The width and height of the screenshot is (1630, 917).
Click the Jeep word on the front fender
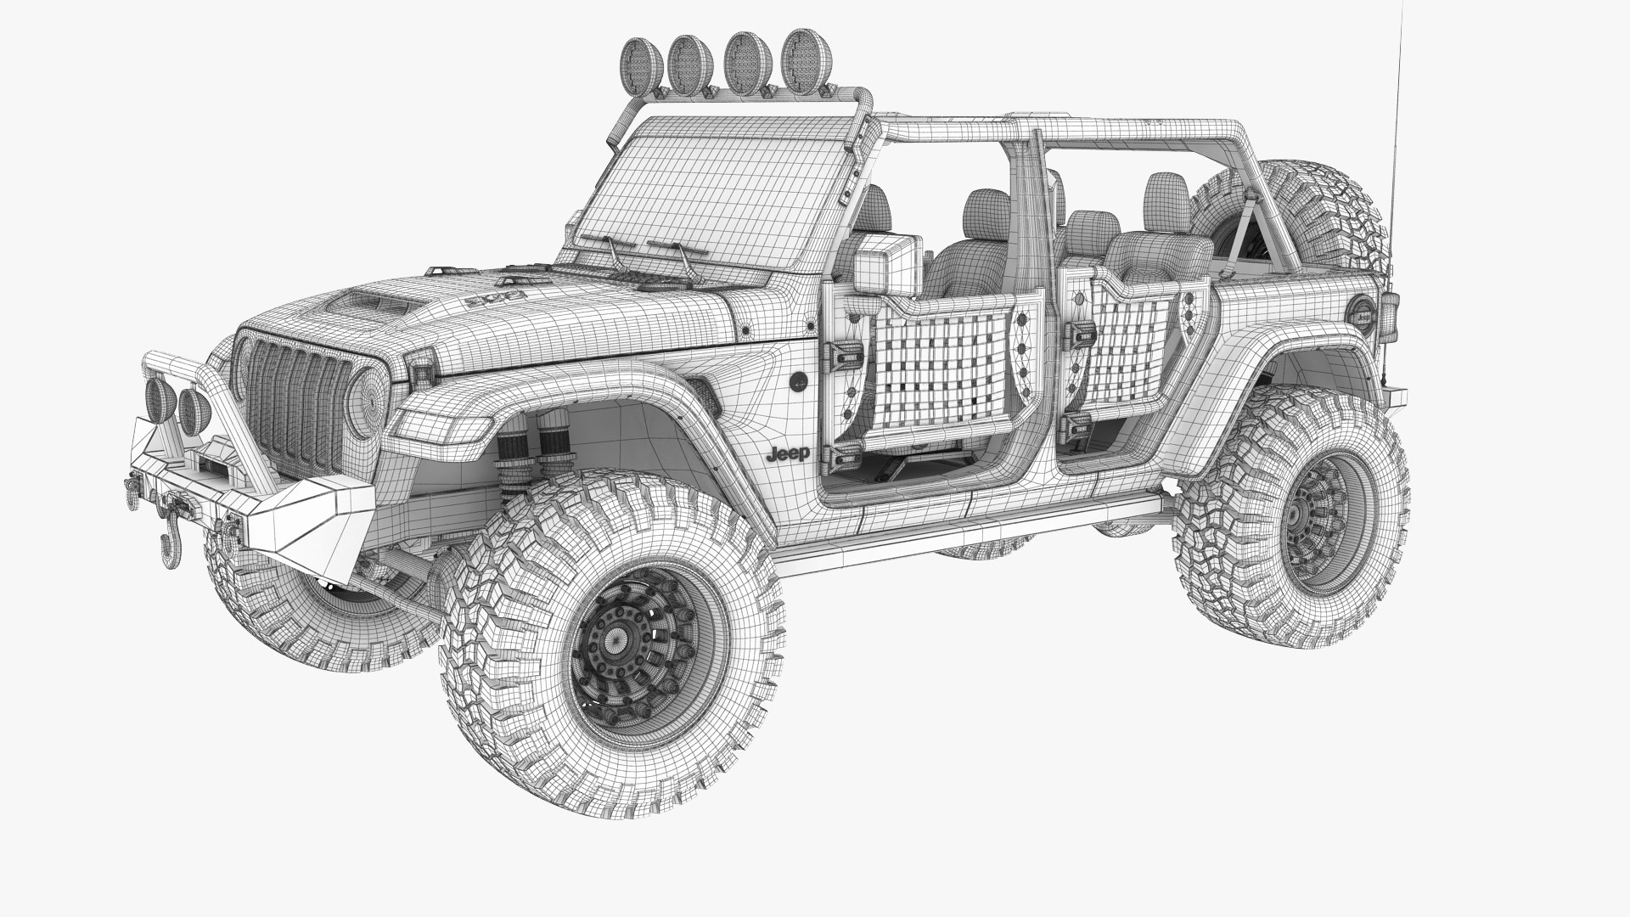(x=788, y=454)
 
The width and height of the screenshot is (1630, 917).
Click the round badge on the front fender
(x=801, y=382)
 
